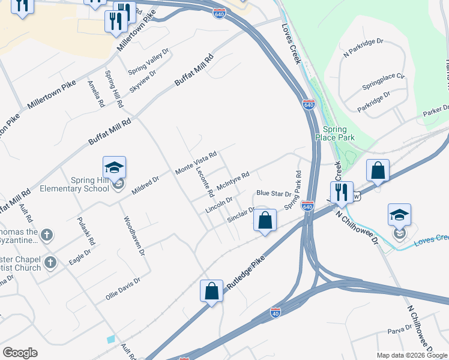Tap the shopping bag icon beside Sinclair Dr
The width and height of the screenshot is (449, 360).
(x=265, y=220)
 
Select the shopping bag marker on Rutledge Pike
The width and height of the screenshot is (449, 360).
(x=211, y=292)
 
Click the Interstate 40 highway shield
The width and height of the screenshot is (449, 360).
(x=276, y=313)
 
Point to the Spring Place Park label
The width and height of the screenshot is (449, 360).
(x=339, y=133)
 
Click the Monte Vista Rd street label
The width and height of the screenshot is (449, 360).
(x=195, y=163)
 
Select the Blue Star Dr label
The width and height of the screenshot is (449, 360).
(x=273, y=193)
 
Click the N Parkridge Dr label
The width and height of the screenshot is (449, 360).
(x=363, y=47)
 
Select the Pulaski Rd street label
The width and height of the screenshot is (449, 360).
(x=86, y=232)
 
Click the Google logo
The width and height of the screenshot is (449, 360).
(x=20, y=353)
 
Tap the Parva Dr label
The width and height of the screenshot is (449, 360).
(x=399, y=328)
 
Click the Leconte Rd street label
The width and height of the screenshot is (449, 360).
(x=205, y=181)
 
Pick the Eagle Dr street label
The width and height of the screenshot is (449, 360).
(x=79, y=258)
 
